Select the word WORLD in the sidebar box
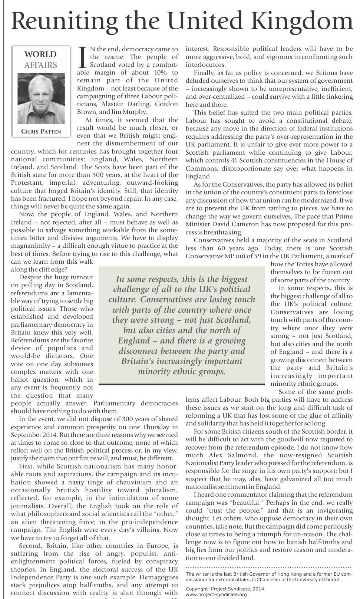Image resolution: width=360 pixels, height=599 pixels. point(40,55)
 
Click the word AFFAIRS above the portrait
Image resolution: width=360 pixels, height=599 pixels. point(40,65)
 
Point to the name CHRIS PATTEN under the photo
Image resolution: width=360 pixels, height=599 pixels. point(41,131)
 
